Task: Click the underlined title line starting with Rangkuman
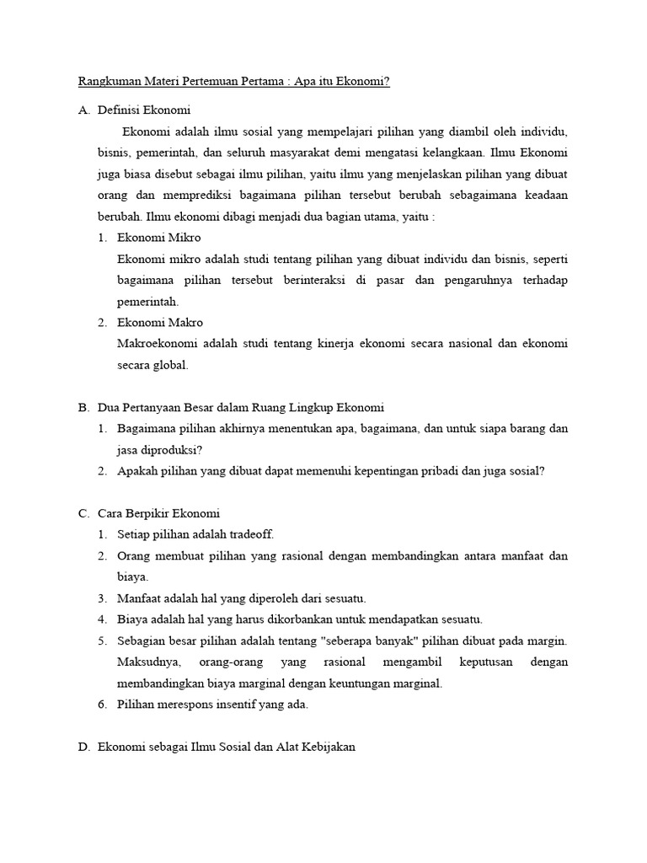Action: point(234,82)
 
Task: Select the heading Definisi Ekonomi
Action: point(144,110)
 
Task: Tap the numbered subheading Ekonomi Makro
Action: point(160,323)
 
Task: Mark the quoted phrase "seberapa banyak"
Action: point(366,641)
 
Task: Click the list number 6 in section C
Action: point(101,705)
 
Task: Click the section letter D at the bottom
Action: point(83,747)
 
